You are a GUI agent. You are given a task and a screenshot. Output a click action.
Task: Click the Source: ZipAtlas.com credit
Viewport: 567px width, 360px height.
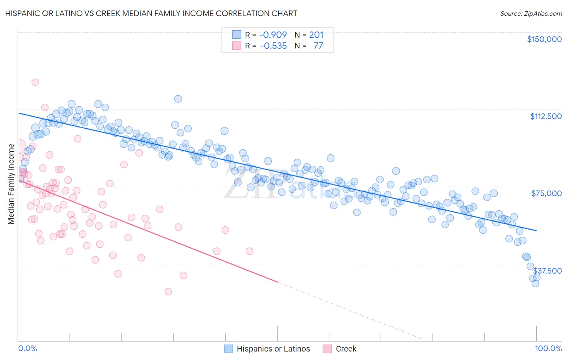point(531,13)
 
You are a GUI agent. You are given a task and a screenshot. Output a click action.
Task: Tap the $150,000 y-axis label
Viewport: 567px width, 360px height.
point(544,39)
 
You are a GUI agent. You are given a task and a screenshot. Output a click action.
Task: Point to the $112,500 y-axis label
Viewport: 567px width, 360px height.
point(545,116)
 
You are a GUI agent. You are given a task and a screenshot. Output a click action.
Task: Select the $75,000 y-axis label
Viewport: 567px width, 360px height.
point(546,193)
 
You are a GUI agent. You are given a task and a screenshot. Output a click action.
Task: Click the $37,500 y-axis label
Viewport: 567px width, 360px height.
point(548,271)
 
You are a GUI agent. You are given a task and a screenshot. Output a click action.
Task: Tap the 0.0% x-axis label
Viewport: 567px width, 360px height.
point(27,348)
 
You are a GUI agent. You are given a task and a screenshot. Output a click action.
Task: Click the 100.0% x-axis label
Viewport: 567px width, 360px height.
point(548,348)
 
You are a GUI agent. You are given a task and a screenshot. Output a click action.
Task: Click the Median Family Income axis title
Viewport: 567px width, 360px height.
point(11,184)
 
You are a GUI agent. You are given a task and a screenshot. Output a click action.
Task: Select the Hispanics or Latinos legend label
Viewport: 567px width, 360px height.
point(273,349)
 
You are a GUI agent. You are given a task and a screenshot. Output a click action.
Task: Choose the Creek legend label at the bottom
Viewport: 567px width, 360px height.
point(346,349)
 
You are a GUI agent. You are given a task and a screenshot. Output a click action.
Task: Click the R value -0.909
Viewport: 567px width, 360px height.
point(273,35)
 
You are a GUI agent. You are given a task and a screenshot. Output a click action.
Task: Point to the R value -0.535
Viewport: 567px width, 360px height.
point(273,46)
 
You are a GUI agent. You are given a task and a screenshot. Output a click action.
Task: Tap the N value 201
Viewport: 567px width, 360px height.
point(316,35)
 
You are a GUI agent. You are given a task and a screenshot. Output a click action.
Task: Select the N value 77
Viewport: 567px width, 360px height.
point(318,46)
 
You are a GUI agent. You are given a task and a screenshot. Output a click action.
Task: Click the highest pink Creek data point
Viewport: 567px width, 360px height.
point(35,82)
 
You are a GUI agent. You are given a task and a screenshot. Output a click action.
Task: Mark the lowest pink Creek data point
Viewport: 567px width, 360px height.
point(168,291)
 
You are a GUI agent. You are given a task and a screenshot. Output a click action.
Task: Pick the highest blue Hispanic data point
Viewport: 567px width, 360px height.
point(178,98)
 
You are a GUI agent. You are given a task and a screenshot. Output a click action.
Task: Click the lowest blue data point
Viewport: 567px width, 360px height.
point(535,283)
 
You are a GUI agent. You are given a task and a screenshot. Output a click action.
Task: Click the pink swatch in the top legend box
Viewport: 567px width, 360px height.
point(236,46)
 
